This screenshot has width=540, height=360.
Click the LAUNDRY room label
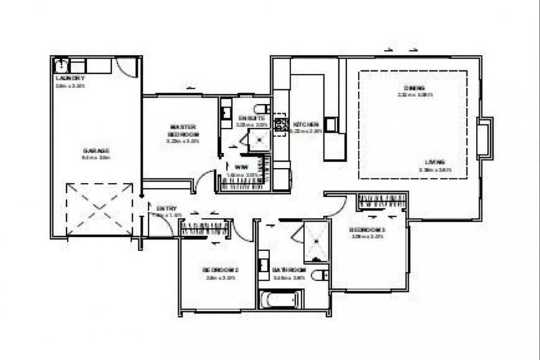tap(70, 78)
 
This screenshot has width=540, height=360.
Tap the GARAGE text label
tap(96, 150)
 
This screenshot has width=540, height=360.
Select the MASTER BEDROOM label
tap(183, 130)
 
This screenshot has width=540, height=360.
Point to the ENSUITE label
tap(251, 117)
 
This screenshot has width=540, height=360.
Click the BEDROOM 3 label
tap(367, 229)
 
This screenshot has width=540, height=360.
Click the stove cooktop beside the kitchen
tap(279, 126)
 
